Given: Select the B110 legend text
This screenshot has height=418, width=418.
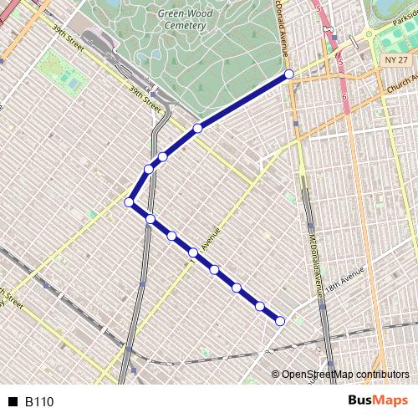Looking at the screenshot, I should click(39, 402).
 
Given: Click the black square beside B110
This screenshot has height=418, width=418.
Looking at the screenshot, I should click(13, 402).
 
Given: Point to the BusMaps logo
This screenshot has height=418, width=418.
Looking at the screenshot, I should click(379, 401).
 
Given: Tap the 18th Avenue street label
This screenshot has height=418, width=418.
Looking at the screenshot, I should click(345, 279).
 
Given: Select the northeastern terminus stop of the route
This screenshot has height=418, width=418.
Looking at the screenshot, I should click(289, 74).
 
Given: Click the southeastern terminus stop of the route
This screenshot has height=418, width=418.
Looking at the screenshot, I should click(280, 320).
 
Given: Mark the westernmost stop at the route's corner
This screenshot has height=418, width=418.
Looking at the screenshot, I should click(130, 202).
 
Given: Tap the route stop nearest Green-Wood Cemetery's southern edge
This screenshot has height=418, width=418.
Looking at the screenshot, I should click(197, 128).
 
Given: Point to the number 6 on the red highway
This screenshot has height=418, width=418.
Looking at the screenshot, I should click(344, 98).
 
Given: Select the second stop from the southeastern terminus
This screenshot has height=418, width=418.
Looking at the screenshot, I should click(259, 305).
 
